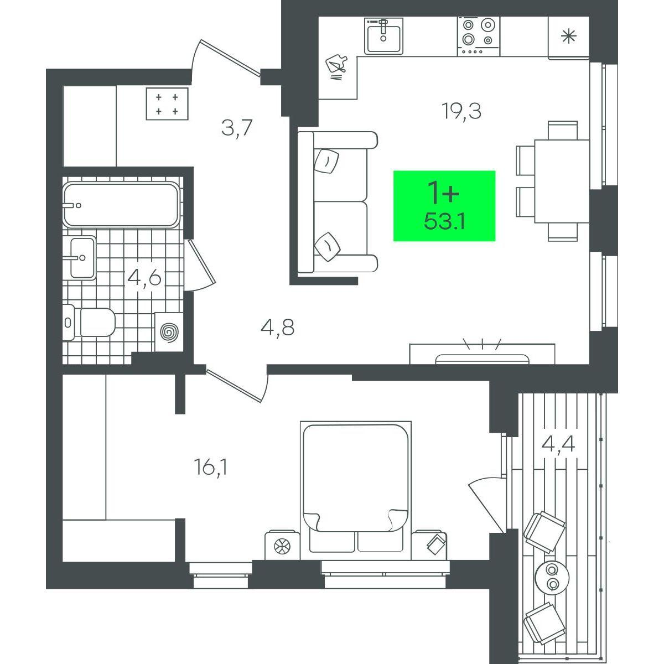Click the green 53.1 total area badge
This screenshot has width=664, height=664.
click(444, 206)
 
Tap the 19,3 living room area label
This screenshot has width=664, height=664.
click(461, 112)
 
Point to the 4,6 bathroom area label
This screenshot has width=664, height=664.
click(144, 278)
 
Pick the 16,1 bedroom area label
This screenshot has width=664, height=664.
click(211, 468)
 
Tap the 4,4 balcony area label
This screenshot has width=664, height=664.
click(558, 444)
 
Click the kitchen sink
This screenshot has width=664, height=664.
click(383, 35)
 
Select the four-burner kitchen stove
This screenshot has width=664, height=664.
click(479, 36)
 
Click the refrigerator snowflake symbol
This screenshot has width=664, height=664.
click(569, 36)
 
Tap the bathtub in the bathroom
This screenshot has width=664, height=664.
click(121, 205)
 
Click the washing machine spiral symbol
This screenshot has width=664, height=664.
click(170, 333)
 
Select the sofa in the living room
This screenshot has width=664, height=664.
click(338, 203)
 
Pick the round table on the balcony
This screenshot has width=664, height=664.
click(552, 577)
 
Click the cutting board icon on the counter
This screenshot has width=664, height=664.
click(336, 66)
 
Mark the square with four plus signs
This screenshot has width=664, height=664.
click(167, 103)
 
